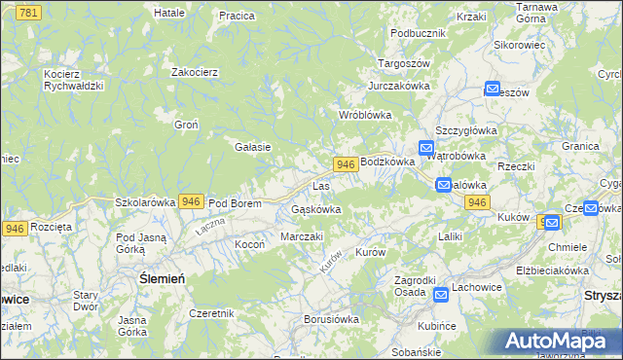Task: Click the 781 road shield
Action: point(28,11)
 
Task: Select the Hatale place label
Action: point(169,13)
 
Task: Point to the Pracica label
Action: point(237,16)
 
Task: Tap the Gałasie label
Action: point(252,147)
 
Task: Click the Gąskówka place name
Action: point(315,209)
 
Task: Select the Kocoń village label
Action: point(249,244)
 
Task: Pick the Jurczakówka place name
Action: point(398,86)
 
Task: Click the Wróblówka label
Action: point(364,115)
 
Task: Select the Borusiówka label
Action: point(332,318)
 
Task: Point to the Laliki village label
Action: point(450,236)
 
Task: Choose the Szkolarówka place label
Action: point(145,202)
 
